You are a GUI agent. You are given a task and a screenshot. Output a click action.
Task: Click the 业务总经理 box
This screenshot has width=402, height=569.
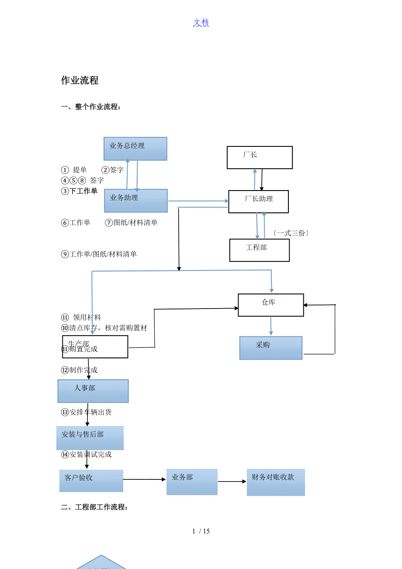click(x=135, y=149)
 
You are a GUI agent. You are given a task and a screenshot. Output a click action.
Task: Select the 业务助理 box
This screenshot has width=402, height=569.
click(x=136, y=201)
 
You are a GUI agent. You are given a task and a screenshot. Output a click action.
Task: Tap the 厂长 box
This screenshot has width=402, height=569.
click(x=260, y=157)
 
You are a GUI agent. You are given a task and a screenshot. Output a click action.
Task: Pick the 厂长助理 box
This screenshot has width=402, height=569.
click(x=258, y=201)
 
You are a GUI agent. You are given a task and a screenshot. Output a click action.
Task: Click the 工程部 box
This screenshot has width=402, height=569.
click(x=260, y=250)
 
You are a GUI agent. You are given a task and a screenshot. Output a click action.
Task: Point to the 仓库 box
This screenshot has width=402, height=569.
click(x=270, y=305)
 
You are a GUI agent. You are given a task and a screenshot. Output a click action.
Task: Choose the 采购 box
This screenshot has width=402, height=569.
click(x=270, y=348)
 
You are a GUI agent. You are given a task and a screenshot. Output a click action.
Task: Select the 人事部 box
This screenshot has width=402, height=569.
click(x=93, y=391)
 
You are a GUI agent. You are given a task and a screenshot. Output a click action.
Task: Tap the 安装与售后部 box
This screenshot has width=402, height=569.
click(x=90, y=437)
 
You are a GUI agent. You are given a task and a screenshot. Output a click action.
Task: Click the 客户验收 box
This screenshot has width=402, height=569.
click(x=91, y=480)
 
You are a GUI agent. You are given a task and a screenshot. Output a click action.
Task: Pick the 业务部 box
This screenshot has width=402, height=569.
click(x=192, y=482)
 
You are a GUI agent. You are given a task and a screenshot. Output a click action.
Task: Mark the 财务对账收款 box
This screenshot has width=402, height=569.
click(x=276, y=482)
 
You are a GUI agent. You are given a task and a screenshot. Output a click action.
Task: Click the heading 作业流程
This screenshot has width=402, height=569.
click(x=80, y=80)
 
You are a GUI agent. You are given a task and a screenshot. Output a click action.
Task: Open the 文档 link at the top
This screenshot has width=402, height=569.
click(x=201, y=23)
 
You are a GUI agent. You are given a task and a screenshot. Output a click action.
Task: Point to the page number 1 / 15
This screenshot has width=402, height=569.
click(x=201, y=531)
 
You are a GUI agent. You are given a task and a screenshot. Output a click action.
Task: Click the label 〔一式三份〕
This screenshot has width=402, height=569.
click(x=291, y=233)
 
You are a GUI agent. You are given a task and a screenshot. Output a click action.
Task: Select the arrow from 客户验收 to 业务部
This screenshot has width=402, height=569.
click(x=145, y=479)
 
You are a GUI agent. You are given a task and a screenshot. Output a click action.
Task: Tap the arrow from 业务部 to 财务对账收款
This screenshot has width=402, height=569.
click(x=232, y=482)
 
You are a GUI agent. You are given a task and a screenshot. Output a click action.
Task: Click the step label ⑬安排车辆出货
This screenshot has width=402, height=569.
click(x=87, y=412)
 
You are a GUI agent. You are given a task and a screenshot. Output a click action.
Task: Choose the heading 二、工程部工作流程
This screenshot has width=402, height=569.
click(x=94, y=507)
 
